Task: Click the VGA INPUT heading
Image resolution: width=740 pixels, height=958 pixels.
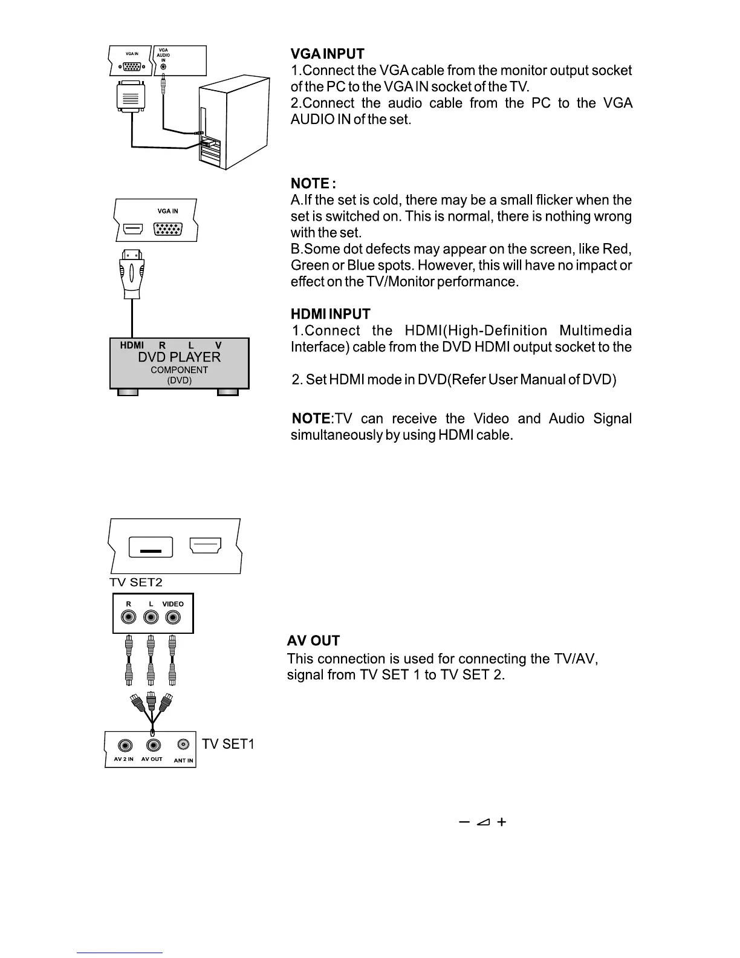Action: click(327, 54)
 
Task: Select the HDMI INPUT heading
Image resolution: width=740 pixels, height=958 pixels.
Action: click(330, 314)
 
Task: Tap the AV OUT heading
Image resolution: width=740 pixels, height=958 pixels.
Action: click(313, 640)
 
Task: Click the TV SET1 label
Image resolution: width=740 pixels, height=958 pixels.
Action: click(228, 744)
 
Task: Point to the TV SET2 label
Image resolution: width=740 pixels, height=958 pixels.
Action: click(136, 582)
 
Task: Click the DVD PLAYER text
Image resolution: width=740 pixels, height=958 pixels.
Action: click(179, 357)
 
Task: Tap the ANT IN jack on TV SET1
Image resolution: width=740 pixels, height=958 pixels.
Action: click(183, 745)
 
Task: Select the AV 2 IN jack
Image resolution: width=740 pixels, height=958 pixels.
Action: click(125, 746)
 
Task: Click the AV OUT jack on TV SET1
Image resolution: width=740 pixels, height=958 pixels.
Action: click(154, 746)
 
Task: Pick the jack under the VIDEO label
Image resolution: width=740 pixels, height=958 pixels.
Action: click(173, 617)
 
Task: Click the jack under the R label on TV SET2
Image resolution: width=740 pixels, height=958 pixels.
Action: click(128, 617)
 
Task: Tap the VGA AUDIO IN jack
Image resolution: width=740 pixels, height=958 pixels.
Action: click(163, 67)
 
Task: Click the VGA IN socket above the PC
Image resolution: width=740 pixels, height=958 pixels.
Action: click(132, 67)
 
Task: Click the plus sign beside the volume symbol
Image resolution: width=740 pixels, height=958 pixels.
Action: click(501, 822)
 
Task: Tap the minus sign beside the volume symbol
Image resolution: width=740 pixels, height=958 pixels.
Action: click(464, 822)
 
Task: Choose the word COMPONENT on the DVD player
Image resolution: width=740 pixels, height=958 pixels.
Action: click(179, 370)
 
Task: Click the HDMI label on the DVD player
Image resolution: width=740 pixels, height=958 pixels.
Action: click(132, 345)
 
